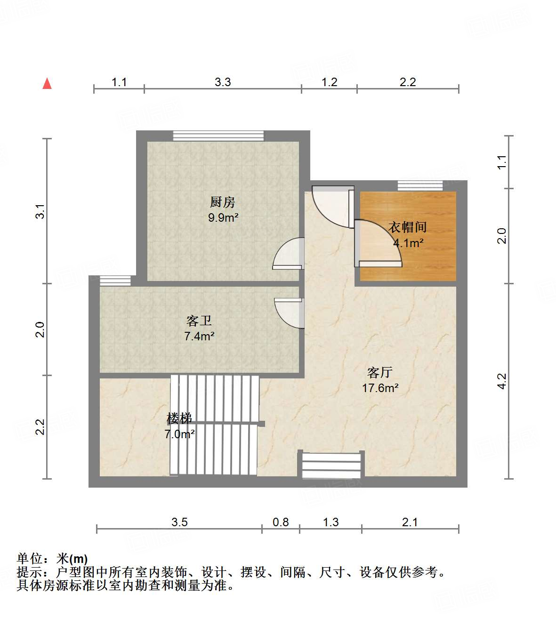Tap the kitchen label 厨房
[x=222, y=202]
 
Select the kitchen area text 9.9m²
[x=223, y=218]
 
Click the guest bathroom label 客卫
[x=199, y=321]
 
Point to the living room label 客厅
[x=379, y=373]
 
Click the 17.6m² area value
[x=380, y=388]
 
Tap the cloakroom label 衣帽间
[x=408, y=227]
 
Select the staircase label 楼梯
[x=179, y=418]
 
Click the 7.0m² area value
[x=180, y=434]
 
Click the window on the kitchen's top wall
[x=218, y=136]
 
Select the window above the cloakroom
[x=420, y=185]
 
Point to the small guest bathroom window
[x=115, y=281]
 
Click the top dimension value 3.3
[x=223, y=82]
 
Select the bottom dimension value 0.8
[x=281, y=522]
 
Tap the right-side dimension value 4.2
[x=502, y=381]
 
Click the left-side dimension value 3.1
[x=40, y=211]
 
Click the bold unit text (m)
[x=79, y=559]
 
